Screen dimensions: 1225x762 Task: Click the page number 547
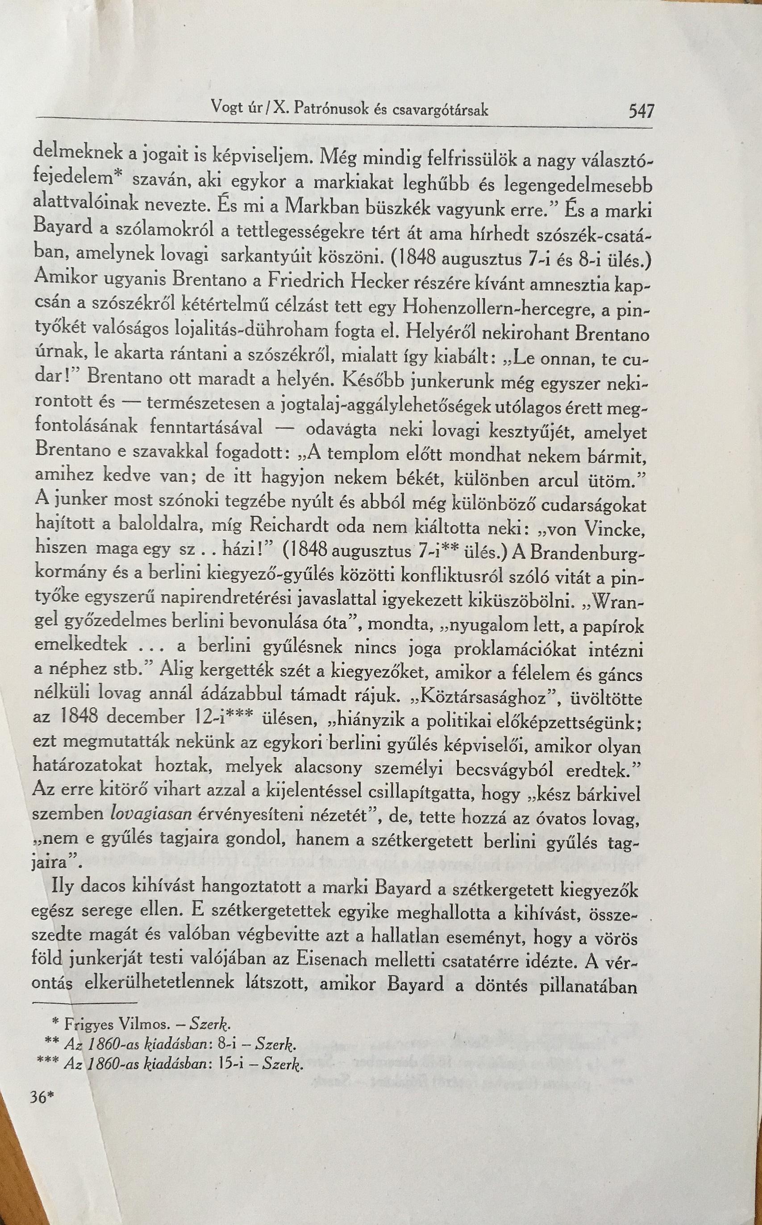pyautogui.click(x=641, y=110)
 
